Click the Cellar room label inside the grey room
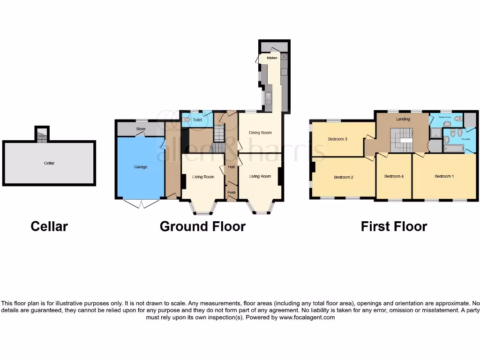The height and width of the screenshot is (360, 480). pos(49,163)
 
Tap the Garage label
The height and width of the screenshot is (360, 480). pos(141,167)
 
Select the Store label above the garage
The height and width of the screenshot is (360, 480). pos(141,128)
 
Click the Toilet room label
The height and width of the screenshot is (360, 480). pos(197,120)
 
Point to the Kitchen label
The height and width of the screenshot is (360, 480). pos(272,58)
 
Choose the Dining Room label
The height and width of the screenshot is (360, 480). pos(260,133)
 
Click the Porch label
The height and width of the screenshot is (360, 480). pos(231,192)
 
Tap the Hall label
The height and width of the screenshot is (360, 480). pos(232,167)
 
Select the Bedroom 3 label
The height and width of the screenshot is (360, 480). pos(337,139)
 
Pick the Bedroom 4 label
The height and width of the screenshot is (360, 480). pos(394,176)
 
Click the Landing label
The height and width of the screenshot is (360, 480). pos(403,119)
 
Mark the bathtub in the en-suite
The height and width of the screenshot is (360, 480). pos(453,149)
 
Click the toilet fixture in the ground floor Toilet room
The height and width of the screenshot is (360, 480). pos(187,120)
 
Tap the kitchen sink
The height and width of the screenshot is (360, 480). pos(269,98)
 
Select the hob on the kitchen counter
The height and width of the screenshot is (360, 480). pos(284,72)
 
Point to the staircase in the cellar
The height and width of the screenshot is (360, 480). pos(42,136)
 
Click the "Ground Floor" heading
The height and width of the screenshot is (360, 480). pos(202,226)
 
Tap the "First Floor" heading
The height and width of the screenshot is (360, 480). pos(394,226)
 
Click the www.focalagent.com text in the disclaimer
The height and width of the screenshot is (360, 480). pos(307,317)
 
